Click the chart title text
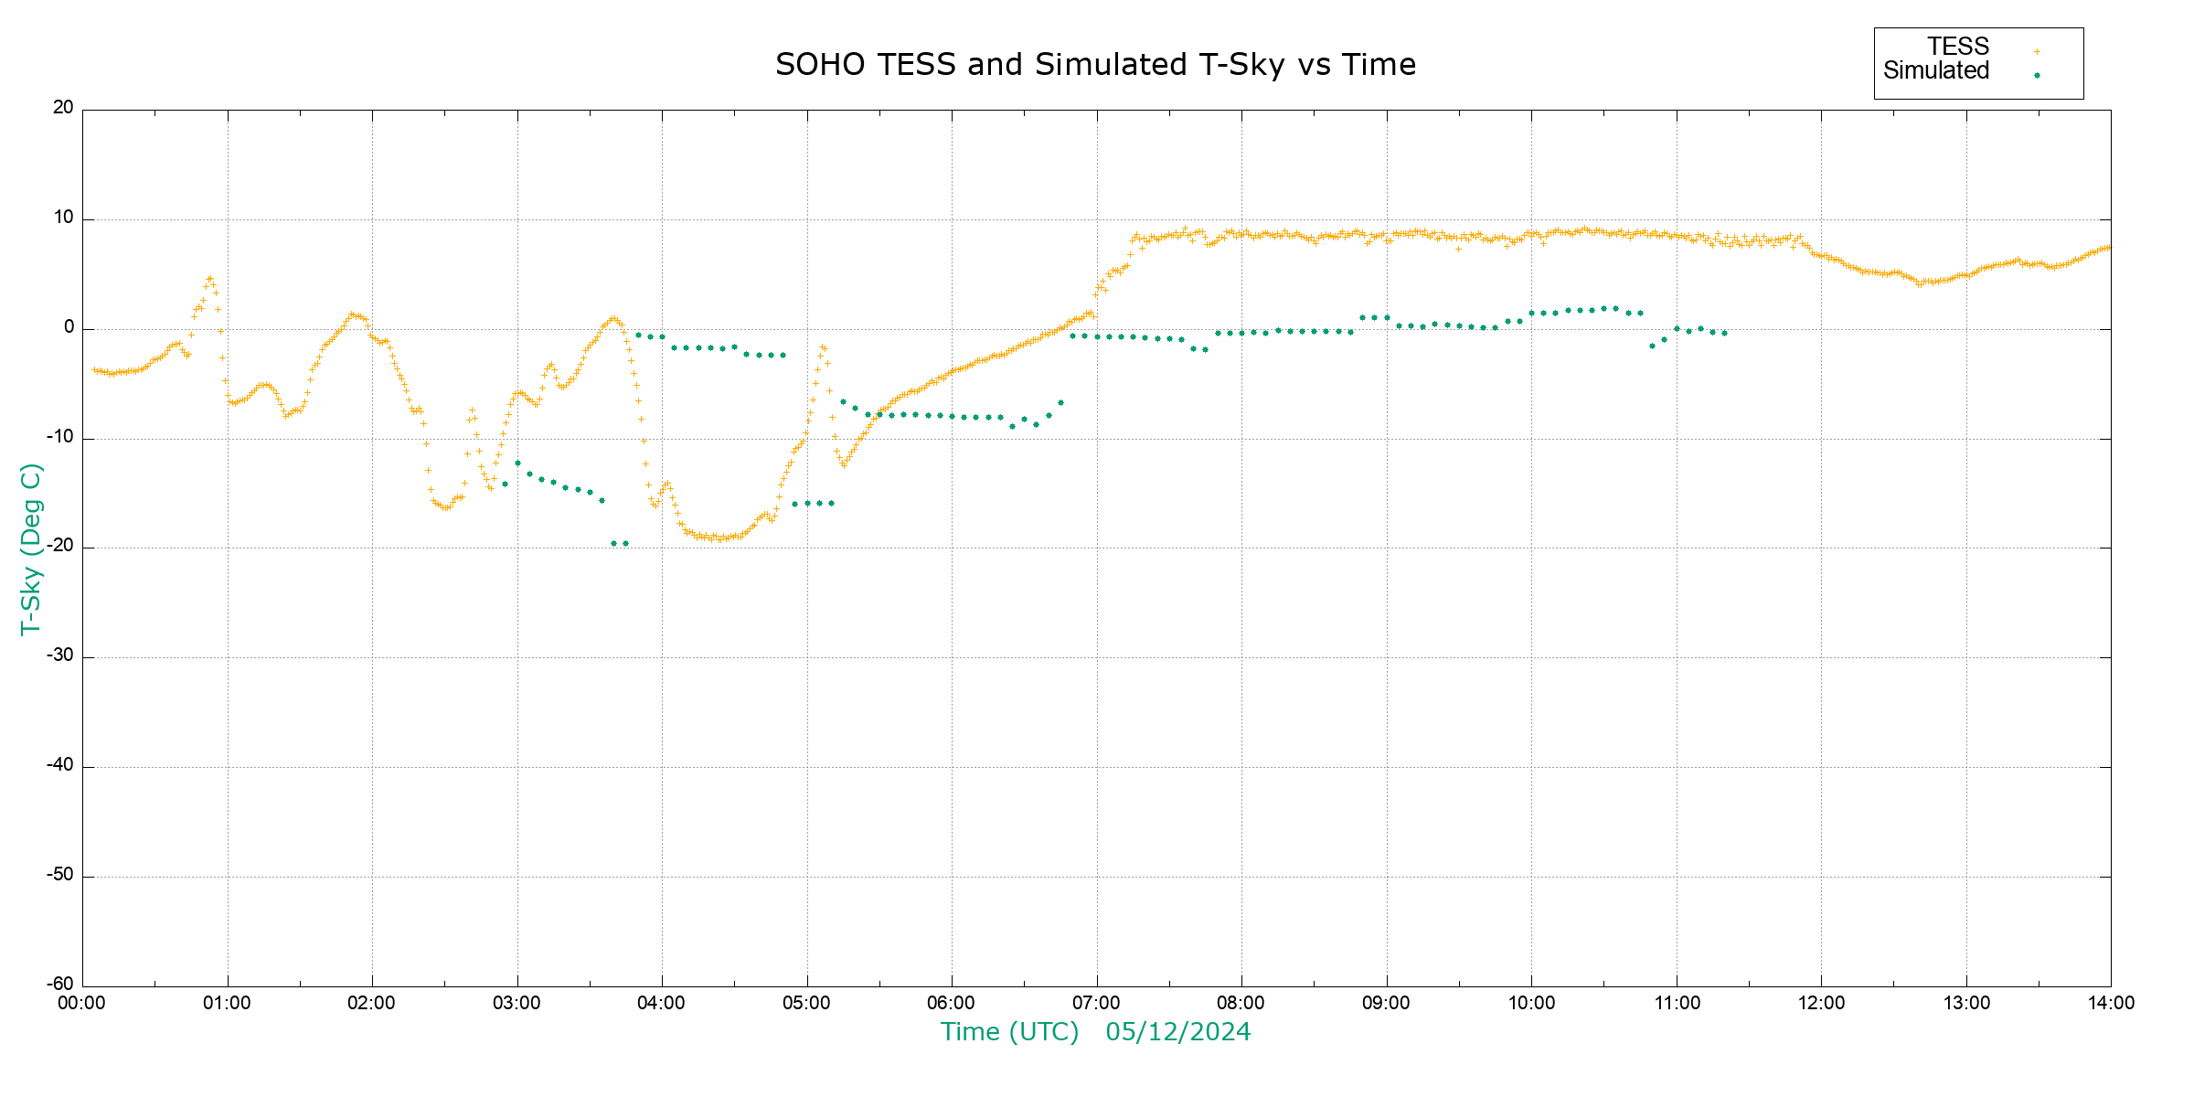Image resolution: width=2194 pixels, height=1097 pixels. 1095,65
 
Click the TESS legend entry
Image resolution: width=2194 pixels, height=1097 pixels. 1958,47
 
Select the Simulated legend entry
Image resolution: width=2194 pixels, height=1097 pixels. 1936,71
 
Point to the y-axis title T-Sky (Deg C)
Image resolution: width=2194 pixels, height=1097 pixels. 31,548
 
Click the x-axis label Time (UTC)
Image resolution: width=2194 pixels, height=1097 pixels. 1009,1032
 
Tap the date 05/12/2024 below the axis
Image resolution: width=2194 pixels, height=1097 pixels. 1177,1032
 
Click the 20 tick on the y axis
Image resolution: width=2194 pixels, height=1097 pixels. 63,108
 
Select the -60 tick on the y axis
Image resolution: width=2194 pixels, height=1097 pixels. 61,985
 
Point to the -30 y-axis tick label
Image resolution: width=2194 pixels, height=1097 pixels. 61,656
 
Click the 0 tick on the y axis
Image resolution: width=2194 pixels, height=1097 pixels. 69,327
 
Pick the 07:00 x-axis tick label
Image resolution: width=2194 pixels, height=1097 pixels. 1096,1004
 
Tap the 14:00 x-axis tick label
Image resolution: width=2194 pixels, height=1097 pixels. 2111,1004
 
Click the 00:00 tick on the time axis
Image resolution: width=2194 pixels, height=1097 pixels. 82,1004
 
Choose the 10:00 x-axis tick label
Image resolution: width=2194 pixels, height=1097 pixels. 1531,1004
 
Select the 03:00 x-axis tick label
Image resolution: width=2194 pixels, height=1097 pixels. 517,1004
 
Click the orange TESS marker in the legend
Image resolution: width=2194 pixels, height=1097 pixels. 2037,52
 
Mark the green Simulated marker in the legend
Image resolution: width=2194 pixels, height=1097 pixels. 2037,76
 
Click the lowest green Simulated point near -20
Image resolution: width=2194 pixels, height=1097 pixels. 614,544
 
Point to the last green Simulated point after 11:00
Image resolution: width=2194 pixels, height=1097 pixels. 1724,333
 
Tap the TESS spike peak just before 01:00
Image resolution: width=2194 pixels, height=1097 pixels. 209,278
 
